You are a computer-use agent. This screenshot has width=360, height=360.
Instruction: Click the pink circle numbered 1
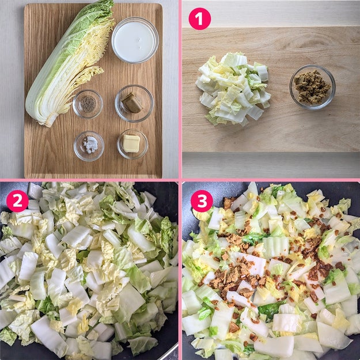click(199, 19)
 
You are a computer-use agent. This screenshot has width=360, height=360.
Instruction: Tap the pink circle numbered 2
click(17, 201)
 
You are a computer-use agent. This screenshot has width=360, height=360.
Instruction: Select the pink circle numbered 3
click(202, 201)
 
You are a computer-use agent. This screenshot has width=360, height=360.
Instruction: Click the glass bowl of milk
click(135, 40)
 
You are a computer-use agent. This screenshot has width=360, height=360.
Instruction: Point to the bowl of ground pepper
click(88, 104)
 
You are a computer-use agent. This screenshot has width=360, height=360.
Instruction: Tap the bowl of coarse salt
click(89, 146)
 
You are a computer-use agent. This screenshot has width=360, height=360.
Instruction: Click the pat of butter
click(131, 143)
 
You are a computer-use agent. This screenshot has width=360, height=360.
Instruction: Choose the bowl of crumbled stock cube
click(312, 87)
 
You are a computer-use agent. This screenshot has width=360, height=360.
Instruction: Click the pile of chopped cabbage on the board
click(233, 89)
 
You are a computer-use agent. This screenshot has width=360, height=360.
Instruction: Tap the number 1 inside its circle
click(199, 19)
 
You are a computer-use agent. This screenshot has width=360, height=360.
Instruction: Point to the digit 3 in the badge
click(202, 201)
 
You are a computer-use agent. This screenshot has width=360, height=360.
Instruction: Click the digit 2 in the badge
click(17, 201)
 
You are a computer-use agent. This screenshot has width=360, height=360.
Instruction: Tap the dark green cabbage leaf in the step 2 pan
click(166, 237)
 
